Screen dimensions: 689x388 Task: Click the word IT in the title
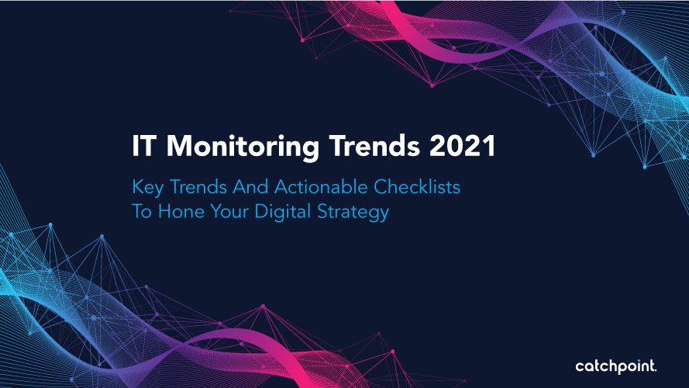pos(143,146)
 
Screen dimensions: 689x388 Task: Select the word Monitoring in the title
pos(243,147)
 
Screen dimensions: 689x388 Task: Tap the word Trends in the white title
pos(375,146)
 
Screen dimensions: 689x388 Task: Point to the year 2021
pos(462,146)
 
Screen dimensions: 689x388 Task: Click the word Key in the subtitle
pos(148,188)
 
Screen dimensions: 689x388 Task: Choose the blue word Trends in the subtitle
pos(198,186)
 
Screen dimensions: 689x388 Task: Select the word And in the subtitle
pos(250,186)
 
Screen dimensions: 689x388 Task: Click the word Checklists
pos(417,186)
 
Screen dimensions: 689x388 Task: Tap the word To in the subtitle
pos(142,211)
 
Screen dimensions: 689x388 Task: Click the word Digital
pos(283,213)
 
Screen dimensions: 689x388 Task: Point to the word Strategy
pos(353,213)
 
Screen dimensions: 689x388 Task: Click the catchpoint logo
pos(616,367)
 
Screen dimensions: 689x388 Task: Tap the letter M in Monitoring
pos(178,146)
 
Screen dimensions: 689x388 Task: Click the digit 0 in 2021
pos(455,146)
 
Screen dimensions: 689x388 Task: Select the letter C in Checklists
pos(381,186)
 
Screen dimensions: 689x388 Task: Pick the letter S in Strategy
pos(323,211)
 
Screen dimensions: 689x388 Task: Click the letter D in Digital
pos(262,211)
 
